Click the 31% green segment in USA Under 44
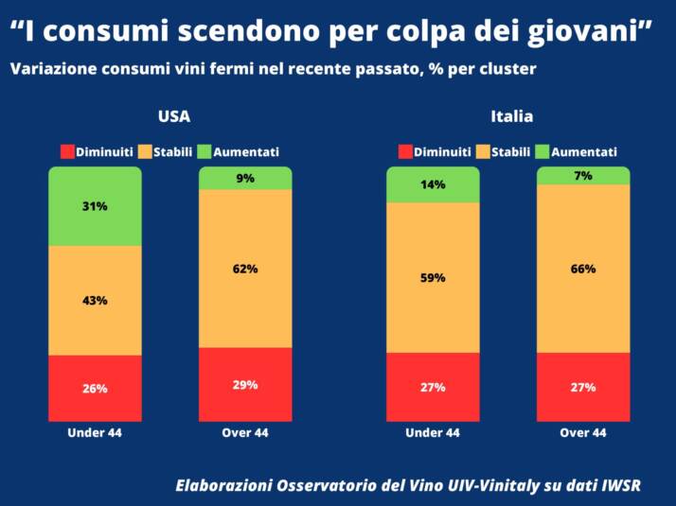95,206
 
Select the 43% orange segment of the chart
95,300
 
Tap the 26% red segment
95,388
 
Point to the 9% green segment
245,178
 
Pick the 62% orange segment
245,269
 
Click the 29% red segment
245,384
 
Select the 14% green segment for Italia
433,185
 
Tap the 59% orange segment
433,278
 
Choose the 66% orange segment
583,269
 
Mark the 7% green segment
583,176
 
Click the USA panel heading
173,116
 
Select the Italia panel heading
511,116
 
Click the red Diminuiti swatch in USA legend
67,151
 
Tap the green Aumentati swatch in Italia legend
543,151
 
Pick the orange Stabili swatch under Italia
482,151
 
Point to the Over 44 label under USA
245,433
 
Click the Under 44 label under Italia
433,433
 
